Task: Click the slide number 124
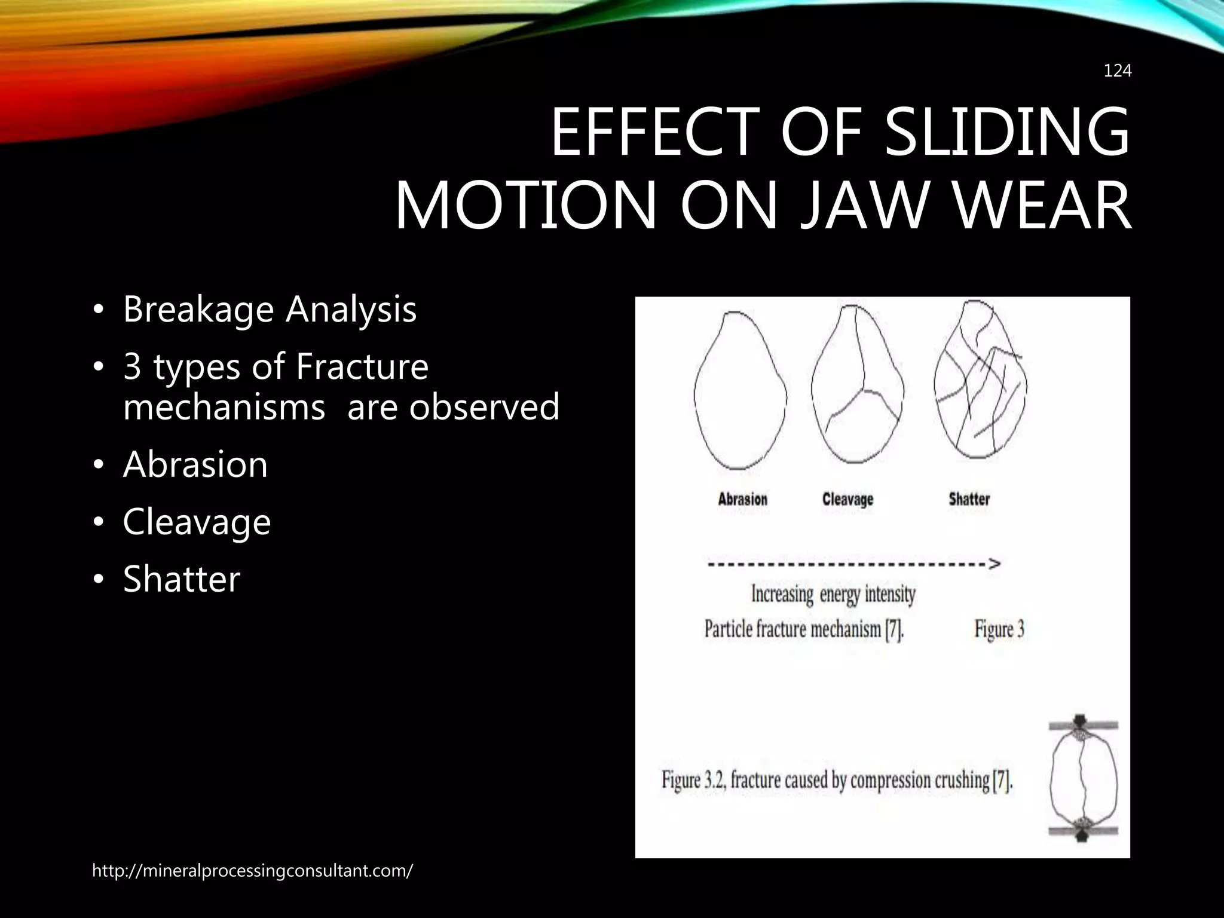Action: pyautogui.click(x=1117, y=71)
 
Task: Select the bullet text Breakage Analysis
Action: pyautogui.click(x=270, y=309)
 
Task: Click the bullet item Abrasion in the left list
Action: pyautogui.click(x=195, y=464)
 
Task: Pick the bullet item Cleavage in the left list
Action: pyautogui.click(x=197, y=522)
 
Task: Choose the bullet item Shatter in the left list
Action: pyautogui.click(x=181, y=579)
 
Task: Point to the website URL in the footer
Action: pyautogui.click(x=252, y=871)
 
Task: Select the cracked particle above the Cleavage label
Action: pyautogui.click(x=857, y=388)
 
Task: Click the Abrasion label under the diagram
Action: pyautogui.click(x=742, y=499)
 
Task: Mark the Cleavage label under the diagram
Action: pyautogui.click(x=847, y=499)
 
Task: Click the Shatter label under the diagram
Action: pyautogui.click(x=969, y=499)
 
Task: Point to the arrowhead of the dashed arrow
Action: pyautogui.click(x=994, y=564)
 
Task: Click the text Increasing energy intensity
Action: pyautogui.click(x=833, y=595)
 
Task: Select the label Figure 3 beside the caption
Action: pyautogui.click(x=999, y=629)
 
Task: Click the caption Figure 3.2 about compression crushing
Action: pyautogui.click(x=837, y=781)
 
